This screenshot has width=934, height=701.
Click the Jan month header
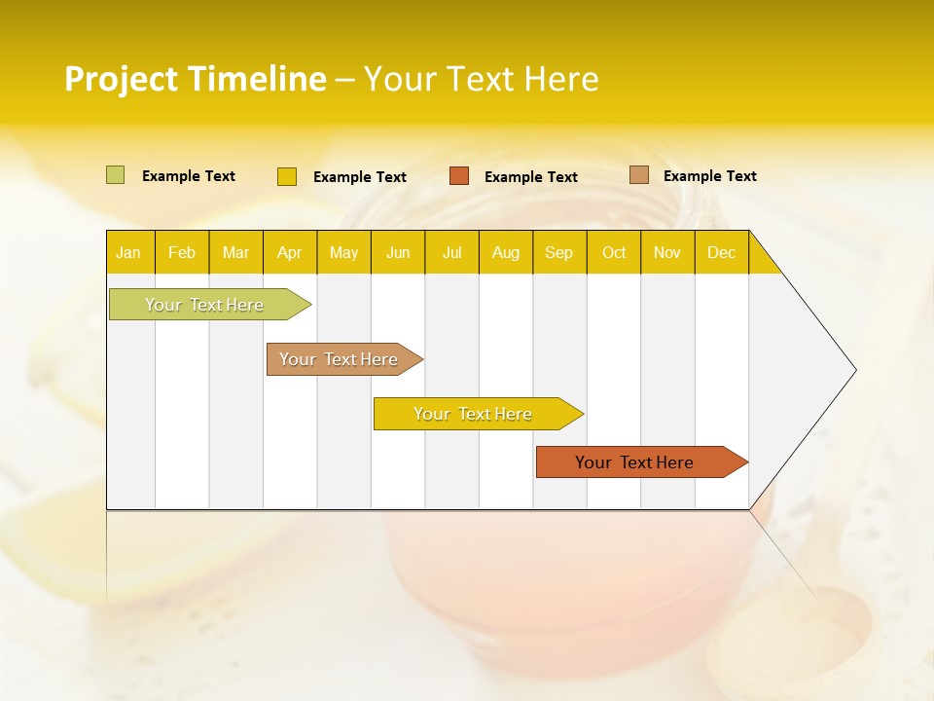(x=128, y=252)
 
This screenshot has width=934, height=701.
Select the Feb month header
(x=182, y=252)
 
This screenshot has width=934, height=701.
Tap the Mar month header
(x=235, y=252)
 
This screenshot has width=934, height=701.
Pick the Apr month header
(x=290, y=252)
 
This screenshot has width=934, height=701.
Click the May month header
(x=343, y=252)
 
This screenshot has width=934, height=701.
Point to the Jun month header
(x=398, y=252)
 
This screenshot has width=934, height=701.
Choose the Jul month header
(x=451, y=252)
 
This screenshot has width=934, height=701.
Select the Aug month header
(x=506, y=252)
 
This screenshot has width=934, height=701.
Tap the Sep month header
(x=559, y=252)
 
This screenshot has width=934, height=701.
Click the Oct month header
(x=614, y=252)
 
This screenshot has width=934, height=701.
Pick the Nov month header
(x=667, y=252)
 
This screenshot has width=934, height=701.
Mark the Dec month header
(x=722, y=252)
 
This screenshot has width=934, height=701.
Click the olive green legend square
(x=116, y=175)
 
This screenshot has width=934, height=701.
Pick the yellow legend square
(x=287, y=176)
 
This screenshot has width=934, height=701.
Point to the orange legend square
(x=459, y=176)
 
